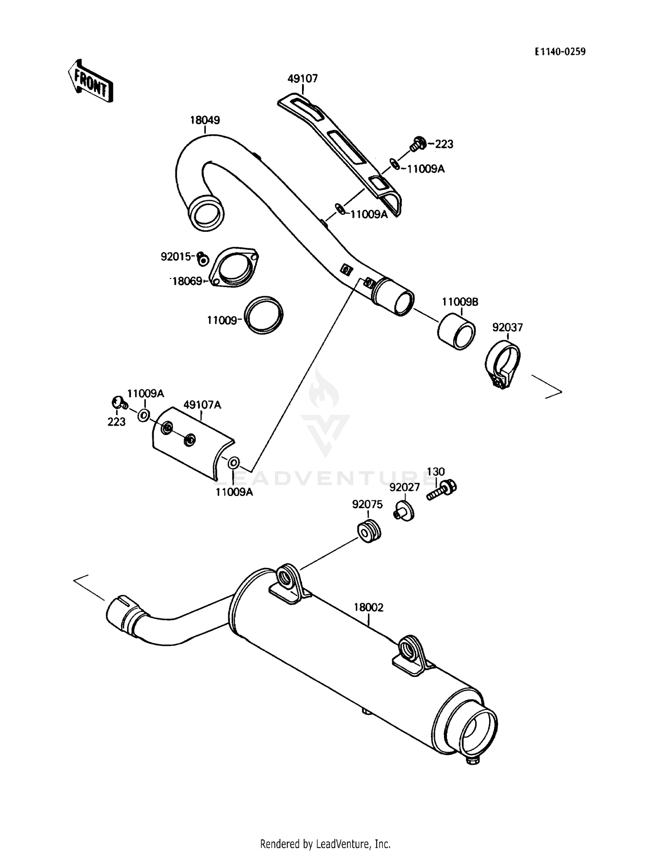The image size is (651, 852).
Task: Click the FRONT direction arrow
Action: [x=90, y=81]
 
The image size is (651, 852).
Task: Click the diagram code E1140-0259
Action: [x=560, y=52]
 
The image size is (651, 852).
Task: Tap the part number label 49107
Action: [x=302, y=79]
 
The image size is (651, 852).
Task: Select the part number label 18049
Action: [x=205, y=120]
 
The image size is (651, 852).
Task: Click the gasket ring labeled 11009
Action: [x=263, y=315]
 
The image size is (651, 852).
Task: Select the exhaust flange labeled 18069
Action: [x=234, y=268]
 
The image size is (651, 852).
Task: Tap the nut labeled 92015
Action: [x=203, y=259]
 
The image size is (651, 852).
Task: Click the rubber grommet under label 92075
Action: [x=369, y=530]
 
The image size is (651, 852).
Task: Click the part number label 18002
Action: [x=368, y=607]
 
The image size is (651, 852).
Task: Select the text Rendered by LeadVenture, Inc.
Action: [x=325, y=844]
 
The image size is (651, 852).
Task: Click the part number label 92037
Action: [x=507, y=327]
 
